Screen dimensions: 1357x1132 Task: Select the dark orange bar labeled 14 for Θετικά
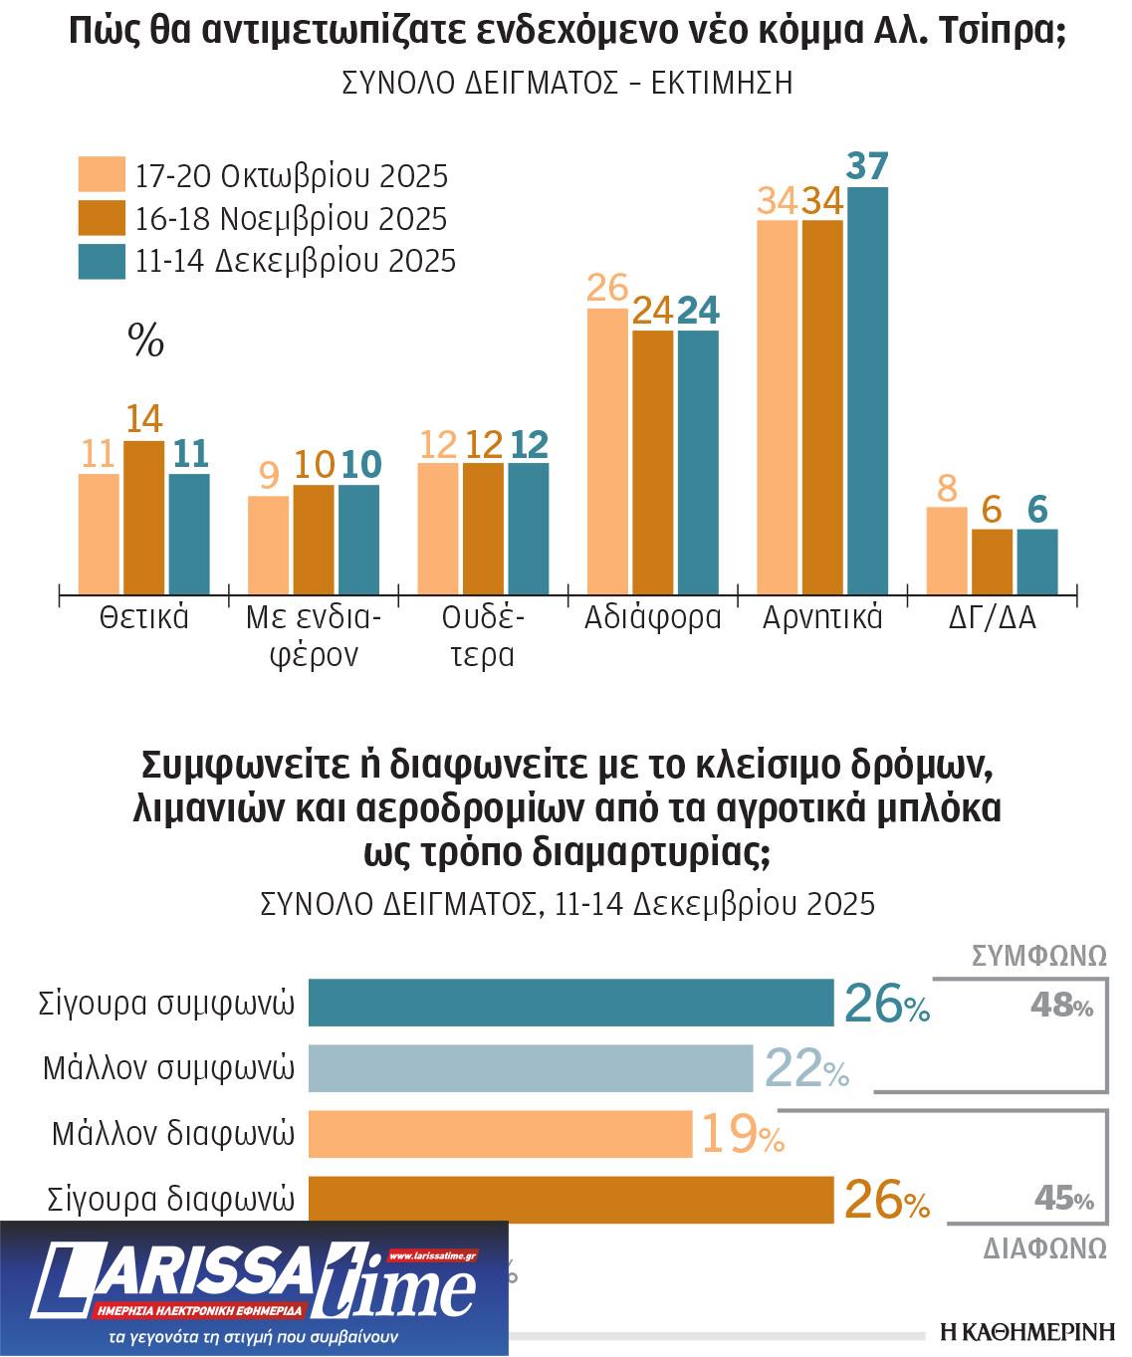point(144,518)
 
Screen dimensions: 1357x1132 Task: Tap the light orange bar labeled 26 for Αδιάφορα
point(607,451)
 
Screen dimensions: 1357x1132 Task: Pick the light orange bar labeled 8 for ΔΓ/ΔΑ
point(946,551)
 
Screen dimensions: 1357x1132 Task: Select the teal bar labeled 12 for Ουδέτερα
point(528,529)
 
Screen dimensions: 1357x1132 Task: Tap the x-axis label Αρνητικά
point(822,618)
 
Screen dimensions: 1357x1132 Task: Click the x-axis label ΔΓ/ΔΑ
point(992,618)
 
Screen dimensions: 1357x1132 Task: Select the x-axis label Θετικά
point(144,618)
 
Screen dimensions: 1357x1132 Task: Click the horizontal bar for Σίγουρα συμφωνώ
point(570,1003)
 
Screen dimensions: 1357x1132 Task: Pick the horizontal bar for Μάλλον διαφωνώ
point(500,1134)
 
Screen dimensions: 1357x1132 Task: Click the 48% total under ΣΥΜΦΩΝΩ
point(1061,1007)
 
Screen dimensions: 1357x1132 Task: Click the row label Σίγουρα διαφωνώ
point(171,1199)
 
